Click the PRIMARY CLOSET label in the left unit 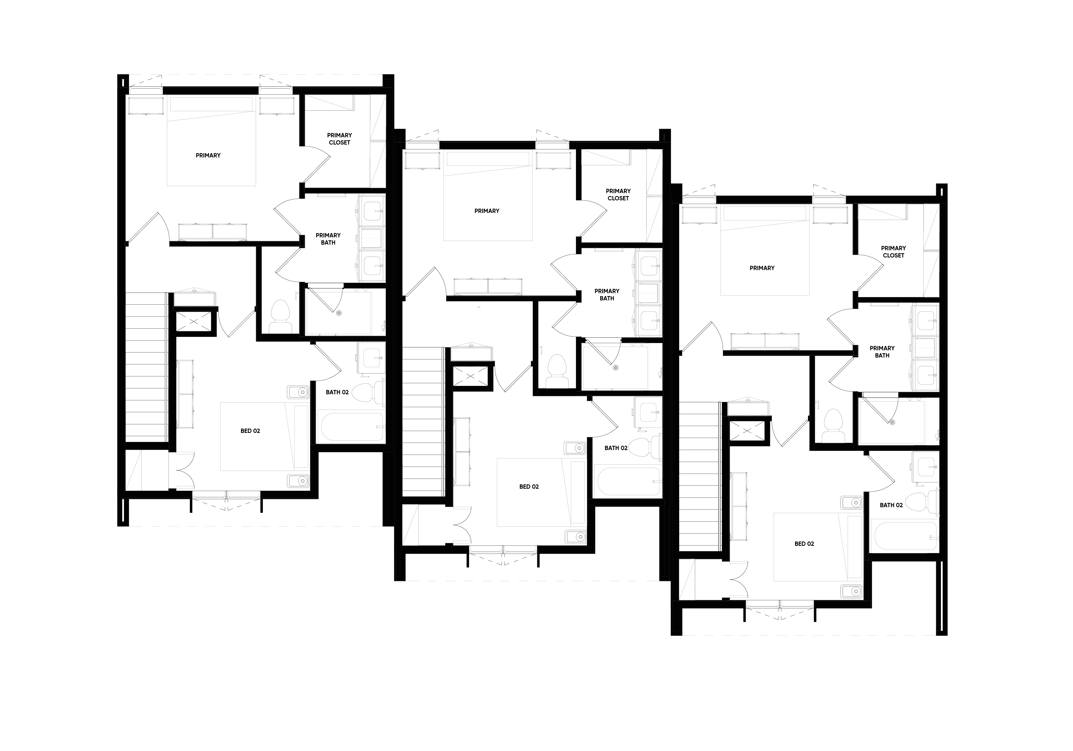(339, 139)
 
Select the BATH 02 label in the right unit (891, 505)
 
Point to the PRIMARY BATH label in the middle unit (607, 294)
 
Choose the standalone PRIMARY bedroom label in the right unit (762, 268)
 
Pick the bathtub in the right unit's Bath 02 (904, 536)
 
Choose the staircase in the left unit (146, 367)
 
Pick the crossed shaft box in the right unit (748, 431)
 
